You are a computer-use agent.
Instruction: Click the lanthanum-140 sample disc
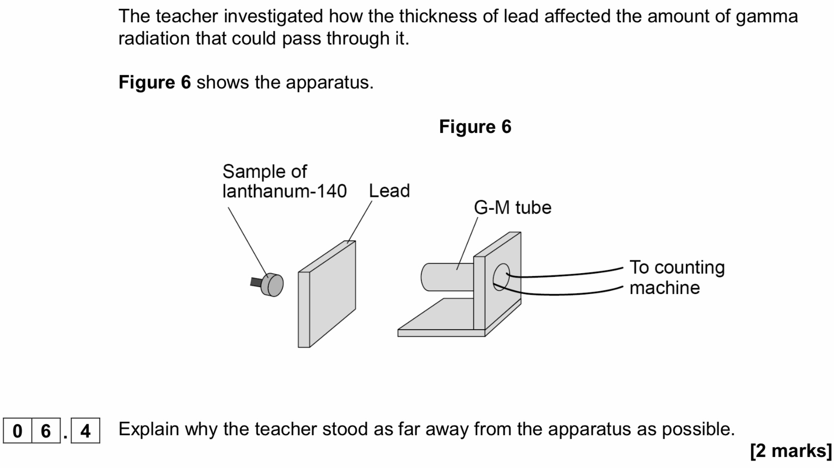pos(272,285)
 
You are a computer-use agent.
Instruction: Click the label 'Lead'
pos(389,191)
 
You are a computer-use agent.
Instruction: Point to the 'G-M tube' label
pos(513,207)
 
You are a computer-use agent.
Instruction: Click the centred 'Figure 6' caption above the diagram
pos(475,126)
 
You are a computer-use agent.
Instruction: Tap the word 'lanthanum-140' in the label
pos(284,191)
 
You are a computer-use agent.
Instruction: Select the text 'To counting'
pos(677,267)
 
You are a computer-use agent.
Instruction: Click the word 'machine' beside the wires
pos(665,288)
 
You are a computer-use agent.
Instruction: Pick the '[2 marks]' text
pos(791,450)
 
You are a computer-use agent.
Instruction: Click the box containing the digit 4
pos(86,431)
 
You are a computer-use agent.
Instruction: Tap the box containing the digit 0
pos(17,431)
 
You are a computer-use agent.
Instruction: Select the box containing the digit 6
pos(45,431)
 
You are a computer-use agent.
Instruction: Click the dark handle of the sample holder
pos(255,282)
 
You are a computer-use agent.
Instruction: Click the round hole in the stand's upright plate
pos(501,277)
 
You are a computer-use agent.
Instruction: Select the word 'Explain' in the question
pos(148,429)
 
